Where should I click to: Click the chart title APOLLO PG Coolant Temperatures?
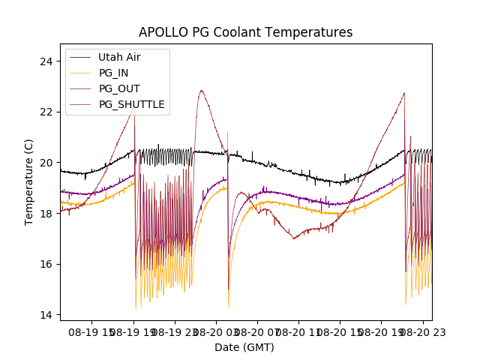[x=245, y=32]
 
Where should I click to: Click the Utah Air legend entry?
[x=119, y=57]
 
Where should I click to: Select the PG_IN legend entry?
[x=113, y=73]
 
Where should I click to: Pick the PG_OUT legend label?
[x=119, y=88]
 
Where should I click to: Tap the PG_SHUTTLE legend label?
[x=131, y=104]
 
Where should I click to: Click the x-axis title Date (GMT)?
[x=244, y=347]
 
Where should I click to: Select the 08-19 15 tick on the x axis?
[x=93, y=331]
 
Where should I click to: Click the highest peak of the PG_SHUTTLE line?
[x=201, y=91]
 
